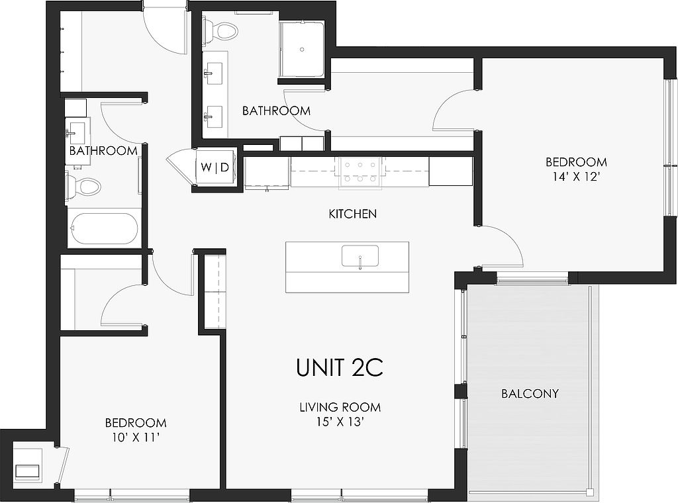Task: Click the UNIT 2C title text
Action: [340, 368]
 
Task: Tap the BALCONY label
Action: [530, 394]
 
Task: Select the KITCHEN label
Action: [352, 214]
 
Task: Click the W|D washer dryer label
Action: [215, 167]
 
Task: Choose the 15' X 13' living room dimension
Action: [339, 422]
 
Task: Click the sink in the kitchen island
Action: [360, 257]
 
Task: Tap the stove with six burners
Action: [360, 173]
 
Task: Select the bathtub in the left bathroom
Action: [104, 228]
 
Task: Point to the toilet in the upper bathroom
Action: [220, 31]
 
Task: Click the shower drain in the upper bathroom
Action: [302, 49]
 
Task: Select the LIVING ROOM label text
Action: [340, 407]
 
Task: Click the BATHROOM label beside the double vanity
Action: [276, 111]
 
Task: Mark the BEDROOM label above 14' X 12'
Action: [577, 162]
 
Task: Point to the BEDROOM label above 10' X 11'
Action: [136, 423]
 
